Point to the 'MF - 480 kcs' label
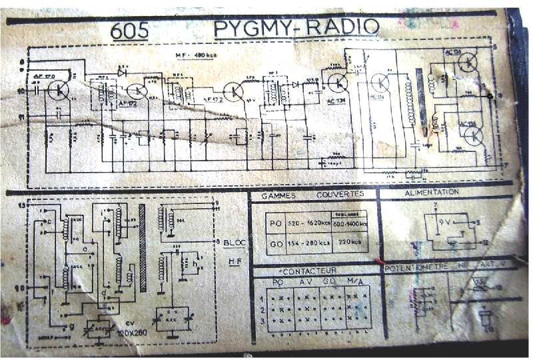193,55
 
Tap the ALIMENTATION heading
432,192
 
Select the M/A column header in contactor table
356,282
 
